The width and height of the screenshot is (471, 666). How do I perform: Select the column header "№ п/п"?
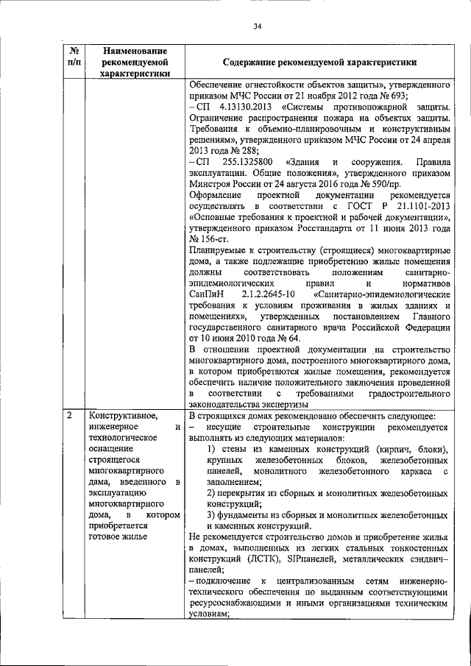[74, 57]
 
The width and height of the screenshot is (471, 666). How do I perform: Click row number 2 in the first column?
[69, 415]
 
